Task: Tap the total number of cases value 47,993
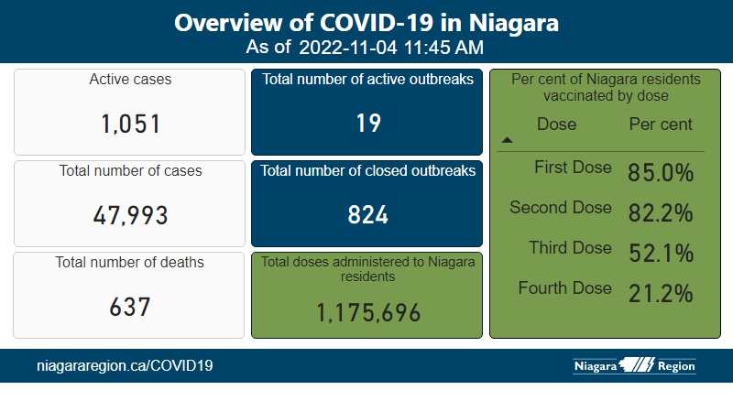(130, 215)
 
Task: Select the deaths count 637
(130, 307)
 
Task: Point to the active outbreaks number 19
(368, 124)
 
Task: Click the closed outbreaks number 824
(368, 215)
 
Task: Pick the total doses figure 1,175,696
(368, 313)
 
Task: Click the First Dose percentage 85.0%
(660, 173)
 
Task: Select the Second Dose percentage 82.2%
(660, 213)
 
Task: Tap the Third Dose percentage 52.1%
(660, 254)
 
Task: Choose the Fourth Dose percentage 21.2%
(660, 294)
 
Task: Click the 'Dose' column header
(557, 124)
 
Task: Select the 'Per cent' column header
(661, 124)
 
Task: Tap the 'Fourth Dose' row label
(564, 288)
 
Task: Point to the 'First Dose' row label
(572, 168)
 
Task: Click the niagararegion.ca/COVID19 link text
(125, 366)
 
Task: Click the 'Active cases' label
(130, 80)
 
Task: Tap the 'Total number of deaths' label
(130, 263)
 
